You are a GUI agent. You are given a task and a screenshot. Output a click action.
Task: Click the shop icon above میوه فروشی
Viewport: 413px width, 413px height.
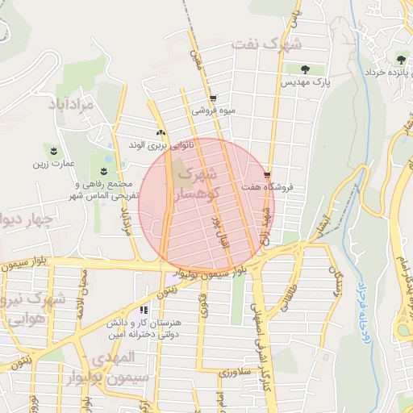(212, 98)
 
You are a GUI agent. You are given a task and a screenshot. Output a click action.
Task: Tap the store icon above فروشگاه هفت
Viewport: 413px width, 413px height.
(268, 173)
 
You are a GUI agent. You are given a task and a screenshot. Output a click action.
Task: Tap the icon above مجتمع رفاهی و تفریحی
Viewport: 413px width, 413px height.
(103, 169)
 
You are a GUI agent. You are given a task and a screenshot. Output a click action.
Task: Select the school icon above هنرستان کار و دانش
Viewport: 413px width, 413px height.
(144, 310)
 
